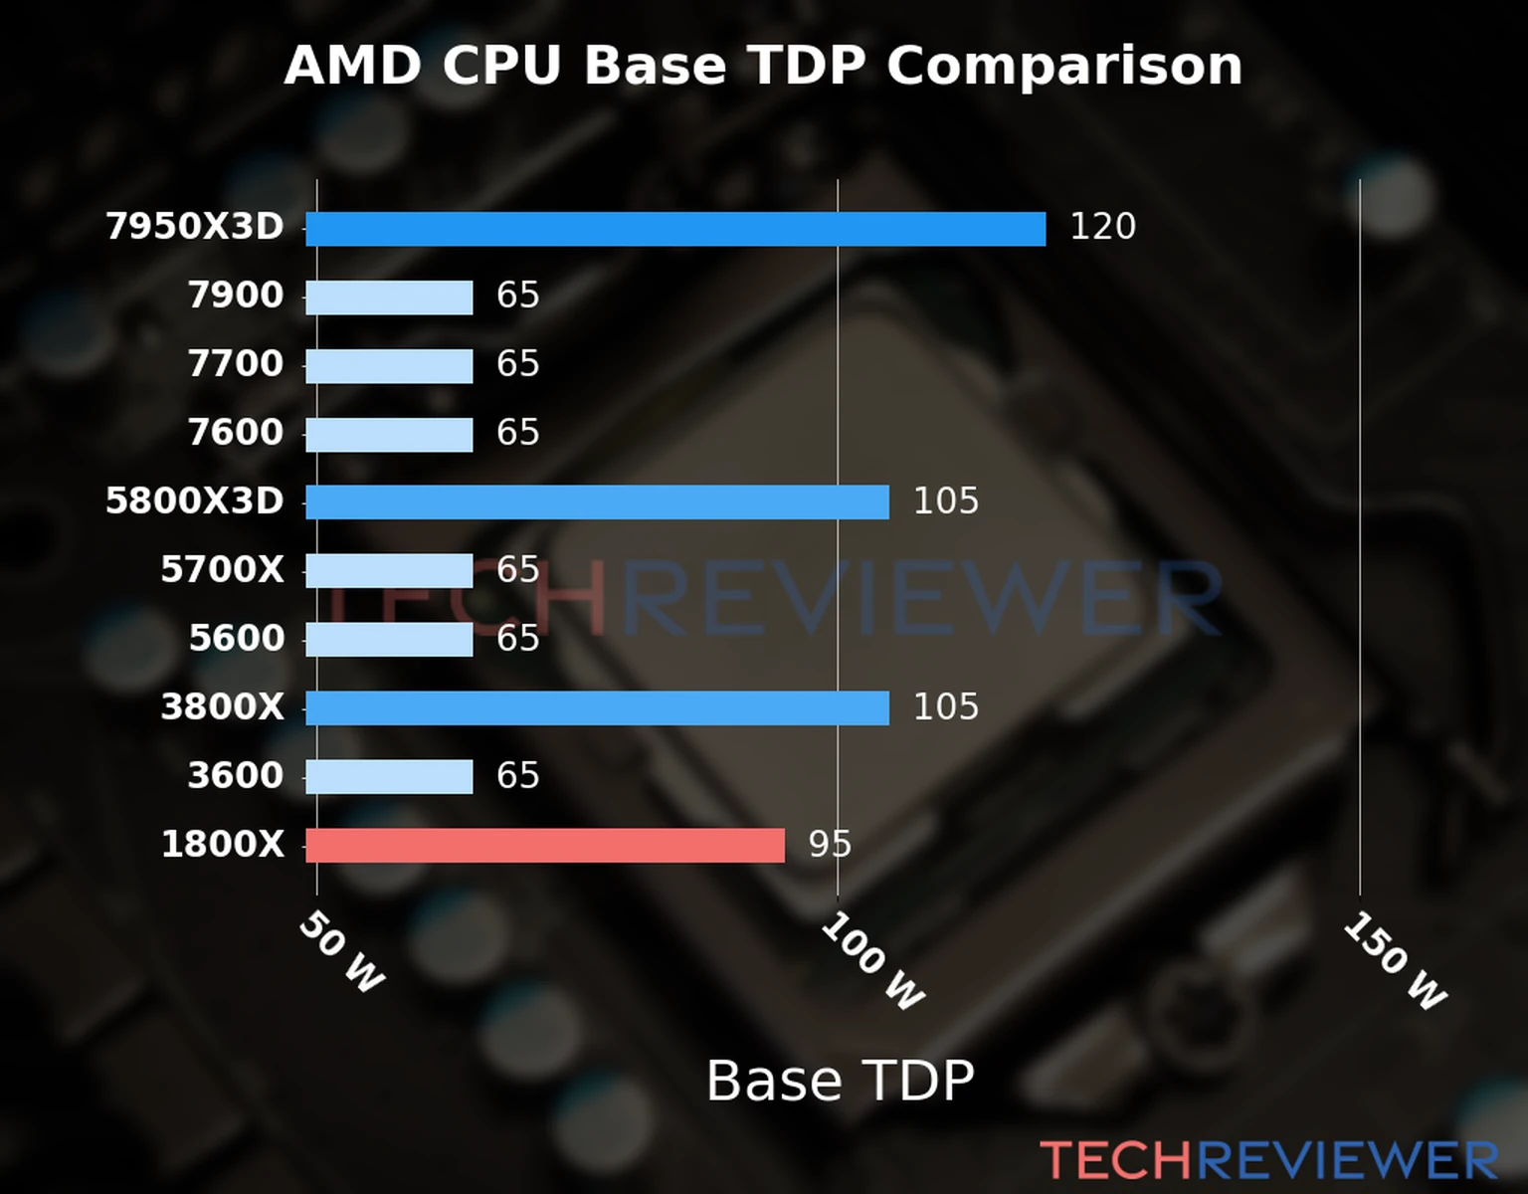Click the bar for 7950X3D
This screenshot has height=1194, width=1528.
(x=675, y=229)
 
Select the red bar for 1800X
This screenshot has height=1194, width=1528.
(x=544, y=846)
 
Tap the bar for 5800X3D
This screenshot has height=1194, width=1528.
(x=597, y=502)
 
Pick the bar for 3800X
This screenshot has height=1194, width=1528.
(x=597, y=708)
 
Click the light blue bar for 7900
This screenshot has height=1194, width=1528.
(x=389, y=298)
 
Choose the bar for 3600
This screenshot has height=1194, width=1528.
(x=389, y=777)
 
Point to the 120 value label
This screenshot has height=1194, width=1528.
(x=1102, y=227)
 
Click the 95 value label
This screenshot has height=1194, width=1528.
(x=830, y=845)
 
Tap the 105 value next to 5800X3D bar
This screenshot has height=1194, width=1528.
(x=945, y=500)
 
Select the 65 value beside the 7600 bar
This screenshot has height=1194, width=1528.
(x=517, y=433)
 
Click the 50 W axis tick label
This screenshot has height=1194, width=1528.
(x=341, y=952)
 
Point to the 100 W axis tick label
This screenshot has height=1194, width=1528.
(x=872, y=961)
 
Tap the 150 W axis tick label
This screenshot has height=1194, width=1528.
(x=1395, y=961)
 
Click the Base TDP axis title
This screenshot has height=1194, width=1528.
(x=840, y=1081)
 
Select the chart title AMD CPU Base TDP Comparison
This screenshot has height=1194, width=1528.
(x=763, y=66)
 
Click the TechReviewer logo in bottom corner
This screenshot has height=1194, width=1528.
(x=1268, y=1161)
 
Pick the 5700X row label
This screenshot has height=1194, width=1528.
(x=222, y=570)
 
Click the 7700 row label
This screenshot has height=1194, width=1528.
(x=236, y=364)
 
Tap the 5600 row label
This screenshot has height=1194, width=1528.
(x=237, y=639)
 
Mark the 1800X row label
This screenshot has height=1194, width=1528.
(x=222, y=845)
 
